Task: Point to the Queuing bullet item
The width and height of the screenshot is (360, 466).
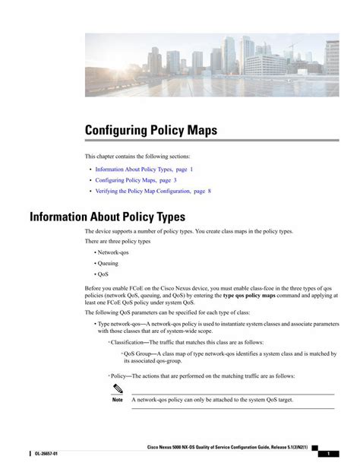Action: (108, 262)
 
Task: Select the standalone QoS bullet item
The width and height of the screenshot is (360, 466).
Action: (103, 274)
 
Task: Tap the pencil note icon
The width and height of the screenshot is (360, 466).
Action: (117, 389)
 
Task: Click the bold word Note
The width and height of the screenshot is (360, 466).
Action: (117, 400)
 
